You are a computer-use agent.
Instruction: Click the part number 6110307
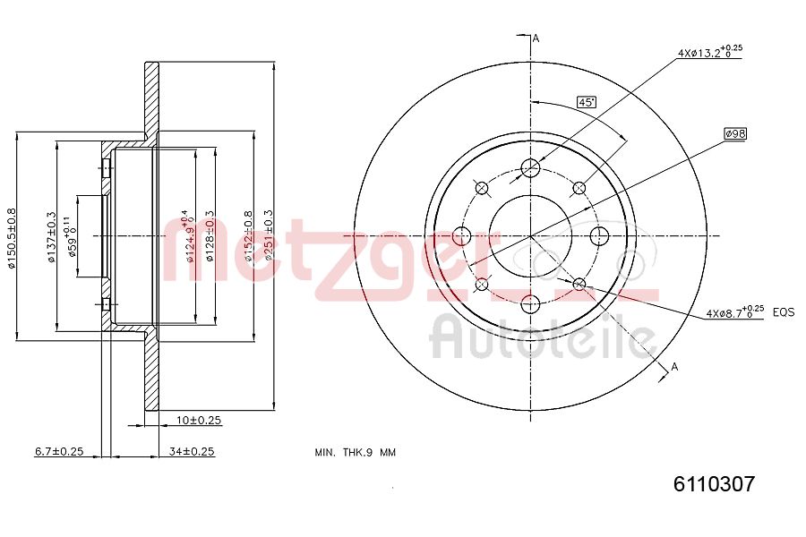click(714, 484)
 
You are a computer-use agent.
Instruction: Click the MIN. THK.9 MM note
click(355, 452)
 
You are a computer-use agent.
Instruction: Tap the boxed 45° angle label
click(587, 103)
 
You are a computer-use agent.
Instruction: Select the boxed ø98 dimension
click(735, 133)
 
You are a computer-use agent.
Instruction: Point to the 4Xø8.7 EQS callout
click(749, 312)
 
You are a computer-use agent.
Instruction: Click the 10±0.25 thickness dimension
click(198, 420)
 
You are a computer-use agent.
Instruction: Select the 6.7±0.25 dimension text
click(58, 451)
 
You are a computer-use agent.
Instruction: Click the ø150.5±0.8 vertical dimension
click(12, 237)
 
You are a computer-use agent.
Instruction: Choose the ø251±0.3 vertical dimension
click(268, 237)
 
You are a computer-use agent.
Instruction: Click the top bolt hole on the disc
click(530, 168)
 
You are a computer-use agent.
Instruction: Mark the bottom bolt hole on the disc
click(530, 303)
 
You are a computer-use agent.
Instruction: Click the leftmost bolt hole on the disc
click(462, 236)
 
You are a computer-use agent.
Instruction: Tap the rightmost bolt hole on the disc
click(598, 236)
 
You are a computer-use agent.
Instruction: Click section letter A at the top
click(536, 38)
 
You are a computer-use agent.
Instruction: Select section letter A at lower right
click(674, 365)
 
